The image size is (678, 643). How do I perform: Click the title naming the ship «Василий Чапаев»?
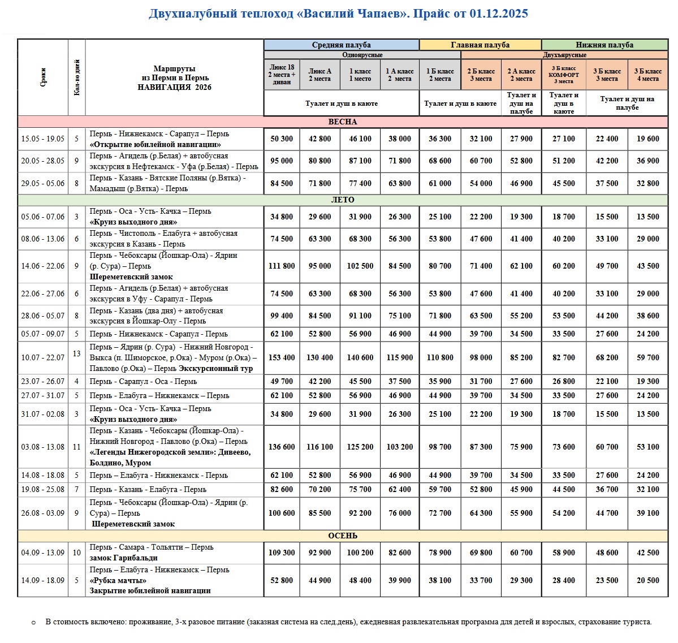(x=338, y=14)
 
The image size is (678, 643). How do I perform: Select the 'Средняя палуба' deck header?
(x=341, y=45)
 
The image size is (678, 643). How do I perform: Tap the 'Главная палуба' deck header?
(x=480, y=45)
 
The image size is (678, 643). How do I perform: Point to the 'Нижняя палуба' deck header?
(x=604, y=45)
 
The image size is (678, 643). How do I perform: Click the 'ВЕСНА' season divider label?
(x=343, y=122)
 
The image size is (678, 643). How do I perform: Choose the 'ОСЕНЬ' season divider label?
(x=343, y=536)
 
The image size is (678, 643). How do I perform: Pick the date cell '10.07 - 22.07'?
(x=43, y=357)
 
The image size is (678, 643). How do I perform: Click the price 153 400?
(x=282, y=357)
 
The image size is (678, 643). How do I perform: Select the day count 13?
(x=77, y=353)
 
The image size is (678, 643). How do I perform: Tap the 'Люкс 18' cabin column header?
(x=282, y=74)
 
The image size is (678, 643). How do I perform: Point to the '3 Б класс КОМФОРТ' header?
(x=564, y=75)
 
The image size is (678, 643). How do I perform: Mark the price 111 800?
(x=282, y=266)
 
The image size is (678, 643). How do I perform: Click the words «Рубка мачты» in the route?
(x=118, y=580)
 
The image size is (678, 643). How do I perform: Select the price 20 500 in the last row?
(x=647, y=580)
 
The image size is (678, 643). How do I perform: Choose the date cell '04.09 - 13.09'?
(x=43, y=553)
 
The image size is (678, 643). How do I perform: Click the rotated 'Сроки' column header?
(x=43, y=77)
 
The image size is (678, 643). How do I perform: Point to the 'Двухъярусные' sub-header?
(x=564, y=55)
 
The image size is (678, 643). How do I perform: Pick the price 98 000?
(x=481, y=357)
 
